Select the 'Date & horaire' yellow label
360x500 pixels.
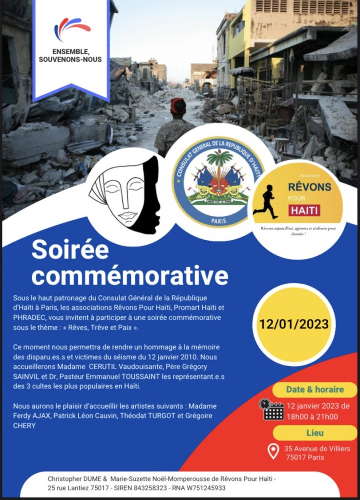(x=315, y=390)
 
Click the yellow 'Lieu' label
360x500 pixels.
(x=315, y=433)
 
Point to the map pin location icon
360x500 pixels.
(x=274, y=451)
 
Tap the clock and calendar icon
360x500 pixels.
(x=273, y=409)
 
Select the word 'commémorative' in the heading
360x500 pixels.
(x=130, y=276)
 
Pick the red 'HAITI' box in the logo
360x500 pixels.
(x=304, y=210)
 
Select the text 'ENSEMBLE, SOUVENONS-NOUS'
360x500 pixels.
(x=70, y=56)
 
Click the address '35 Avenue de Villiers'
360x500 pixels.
(x=317, y=449)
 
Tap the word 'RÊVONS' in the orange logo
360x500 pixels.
(x=309, y=187)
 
